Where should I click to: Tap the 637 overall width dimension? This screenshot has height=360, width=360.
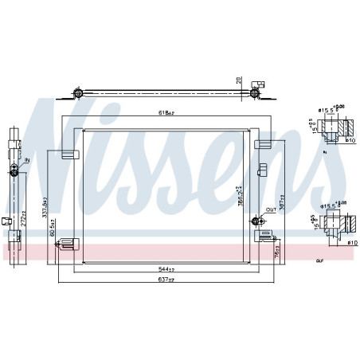coord(165,280)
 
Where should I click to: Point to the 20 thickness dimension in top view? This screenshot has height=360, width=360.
coord(237,80)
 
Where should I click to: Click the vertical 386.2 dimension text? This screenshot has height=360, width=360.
coord(239,194)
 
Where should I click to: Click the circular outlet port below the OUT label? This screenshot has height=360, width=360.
coord(256,221)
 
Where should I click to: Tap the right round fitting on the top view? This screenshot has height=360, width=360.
coord(254,94)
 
